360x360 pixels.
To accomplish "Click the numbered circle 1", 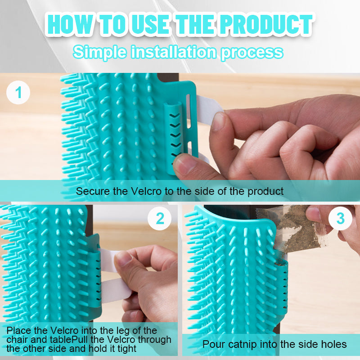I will (x=18, y=93).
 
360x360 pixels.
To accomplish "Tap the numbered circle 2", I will (x=160, y=219).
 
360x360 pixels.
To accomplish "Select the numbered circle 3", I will (x=341, y=219).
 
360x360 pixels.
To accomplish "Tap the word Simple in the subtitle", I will (x=99, y=52).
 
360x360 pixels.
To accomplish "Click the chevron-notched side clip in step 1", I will (x=173, y=130).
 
